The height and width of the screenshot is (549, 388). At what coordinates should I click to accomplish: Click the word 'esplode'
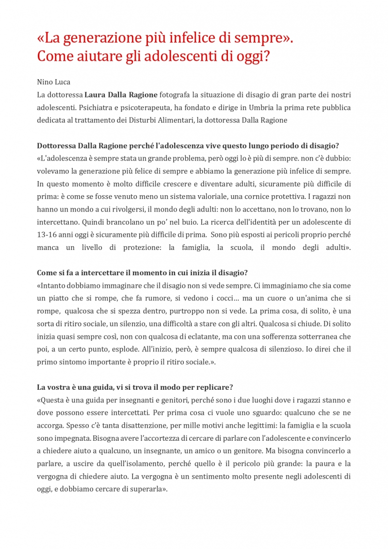[x=111, y=349]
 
